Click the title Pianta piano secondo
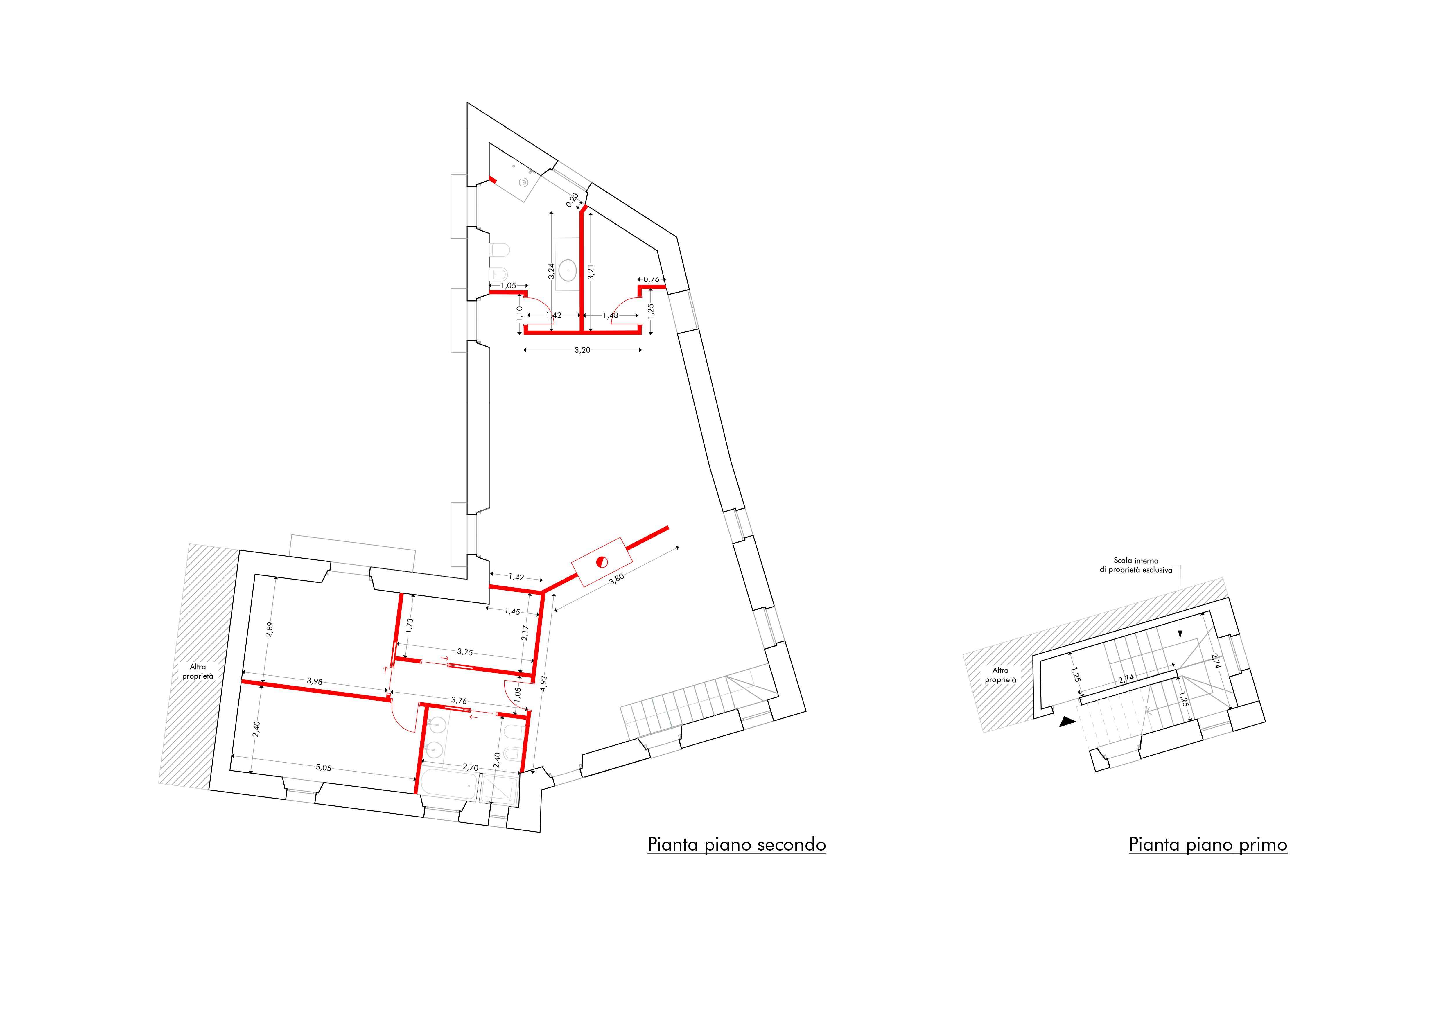click(x=736, y=844)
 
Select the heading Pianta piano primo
click(x=1207, y=844)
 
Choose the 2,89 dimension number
click(x=270, y=629)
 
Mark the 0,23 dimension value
click(x=572, y=200)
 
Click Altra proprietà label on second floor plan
click(x=198, y=671)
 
